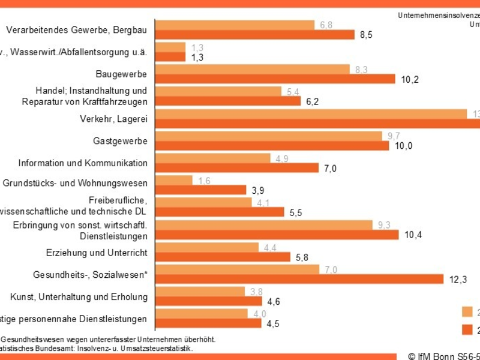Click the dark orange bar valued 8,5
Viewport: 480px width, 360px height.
255,35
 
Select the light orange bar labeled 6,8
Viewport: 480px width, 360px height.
235,25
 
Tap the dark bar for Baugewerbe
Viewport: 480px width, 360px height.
275,79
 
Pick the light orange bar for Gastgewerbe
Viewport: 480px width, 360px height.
269,136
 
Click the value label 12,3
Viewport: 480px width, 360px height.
455,278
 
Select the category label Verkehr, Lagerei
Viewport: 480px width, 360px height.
113,119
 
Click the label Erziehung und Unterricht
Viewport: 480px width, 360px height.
97,253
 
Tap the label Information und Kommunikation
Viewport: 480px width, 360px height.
83,163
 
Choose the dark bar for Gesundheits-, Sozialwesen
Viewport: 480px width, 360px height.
299,278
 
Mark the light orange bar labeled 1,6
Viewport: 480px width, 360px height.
174,181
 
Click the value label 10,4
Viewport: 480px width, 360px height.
413,235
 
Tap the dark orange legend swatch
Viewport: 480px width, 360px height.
467,329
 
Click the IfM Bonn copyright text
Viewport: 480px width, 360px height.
443,355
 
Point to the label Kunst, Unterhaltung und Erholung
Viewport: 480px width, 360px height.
79,297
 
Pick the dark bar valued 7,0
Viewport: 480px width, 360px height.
237,168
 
